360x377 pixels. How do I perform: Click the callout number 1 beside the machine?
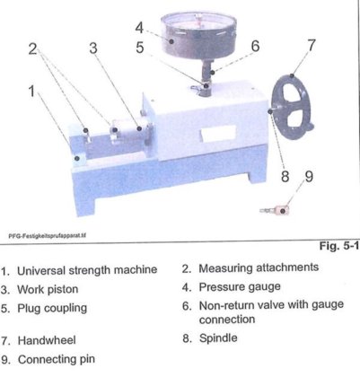coord(31,91)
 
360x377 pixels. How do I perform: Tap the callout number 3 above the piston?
coord(93,48)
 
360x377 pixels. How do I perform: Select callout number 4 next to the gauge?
coord(139,28)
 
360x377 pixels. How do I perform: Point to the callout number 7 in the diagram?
coord(312,45)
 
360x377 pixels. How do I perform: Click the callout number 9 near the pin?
coord(309,176)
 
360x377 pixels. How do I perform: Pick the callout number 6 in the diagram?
coord(255,46)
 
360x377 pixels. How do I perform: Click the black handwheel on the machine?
coord(293,108)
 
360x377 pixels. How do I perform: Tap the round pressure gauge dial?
coord(198,35)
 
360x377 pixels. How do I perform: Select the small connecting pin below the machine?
coord(276,210)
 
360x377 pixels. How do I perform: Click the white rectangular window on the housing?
coord(219,133)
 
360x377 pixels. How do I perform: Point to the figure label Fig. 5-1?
coord(338,246)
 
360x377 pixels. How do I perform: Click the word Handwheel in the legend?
coord(47,340)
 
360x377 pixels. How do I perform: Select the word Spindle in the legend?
coord(218,338)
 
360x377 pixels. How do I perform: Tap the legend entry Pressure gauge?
coord(240,287)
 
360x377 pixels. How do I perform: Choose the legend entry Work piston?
coord(48,290)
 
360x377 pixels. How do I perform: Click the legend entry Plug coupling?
coord(52,309)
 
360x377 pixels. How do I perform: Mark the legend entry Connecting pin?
coord(57,360)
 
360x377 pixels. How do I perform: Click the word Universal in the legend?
coord(41,270)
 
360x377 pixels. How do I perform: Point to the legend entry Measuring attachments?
coord(259,267)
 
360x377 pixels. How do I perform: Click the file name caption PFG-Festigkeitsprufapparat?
coord(47,235)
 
